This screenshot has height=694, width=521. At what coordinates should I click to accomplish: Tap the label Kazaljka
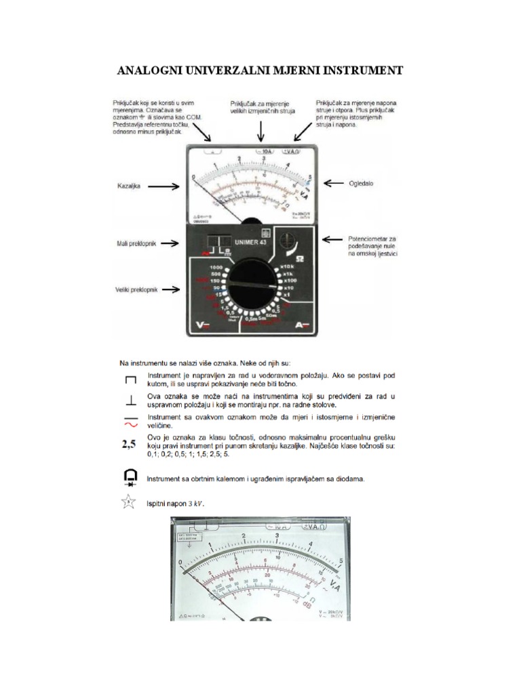[128, 185]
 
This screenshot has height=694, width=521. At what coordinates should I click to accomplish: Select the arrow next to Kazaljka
[165, 185]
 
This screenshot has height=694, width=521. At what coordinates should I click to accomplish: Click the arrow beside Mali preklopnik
[165, 243]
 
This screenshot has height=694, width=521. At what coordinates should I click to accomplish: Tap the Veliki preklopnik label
[136, 289]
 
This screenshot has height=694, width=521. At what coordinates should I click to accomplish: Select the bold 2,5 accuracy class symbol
[130, 445]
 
